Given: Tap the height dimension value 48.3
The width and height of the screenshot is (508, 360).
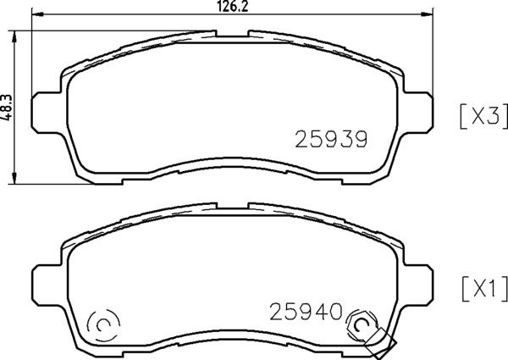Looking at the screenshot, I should coord(7,106).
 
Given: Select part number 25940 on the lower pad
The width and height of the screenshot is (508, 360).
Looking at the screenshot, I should coord(307,310).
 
